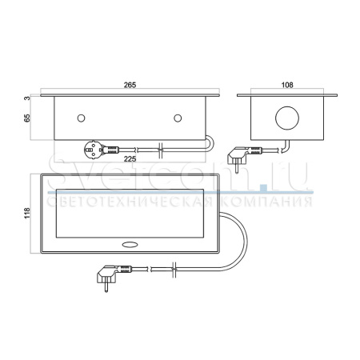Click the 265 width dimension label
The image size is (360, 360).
[130, 85]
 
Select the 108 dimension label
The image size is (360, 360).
[287, 85]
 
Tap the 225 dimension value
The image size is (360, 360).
[130, 159]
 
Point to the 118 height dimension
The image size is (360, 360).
[27, 213]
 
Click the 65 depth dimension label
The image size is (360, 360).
[27, 118]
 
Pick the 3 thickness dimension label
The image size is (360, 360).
[27, 98]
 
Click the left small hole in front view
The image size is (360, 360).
[81, 118]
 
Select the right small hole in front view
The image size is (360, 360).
[178, 118]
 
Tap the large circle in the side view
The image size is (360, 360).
[287, 118]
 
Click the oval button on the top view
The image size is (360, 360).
[130, 244]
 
